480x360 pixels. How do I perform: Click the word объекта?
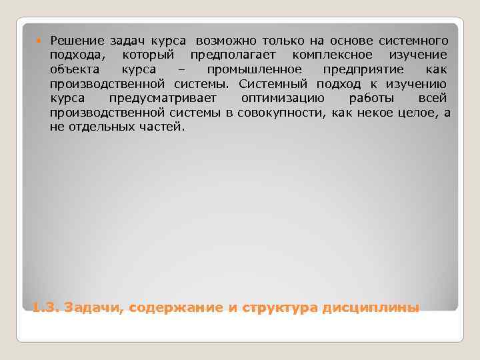coord(75,70)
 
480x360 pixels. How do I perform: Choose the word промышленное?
coord(254,70)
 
